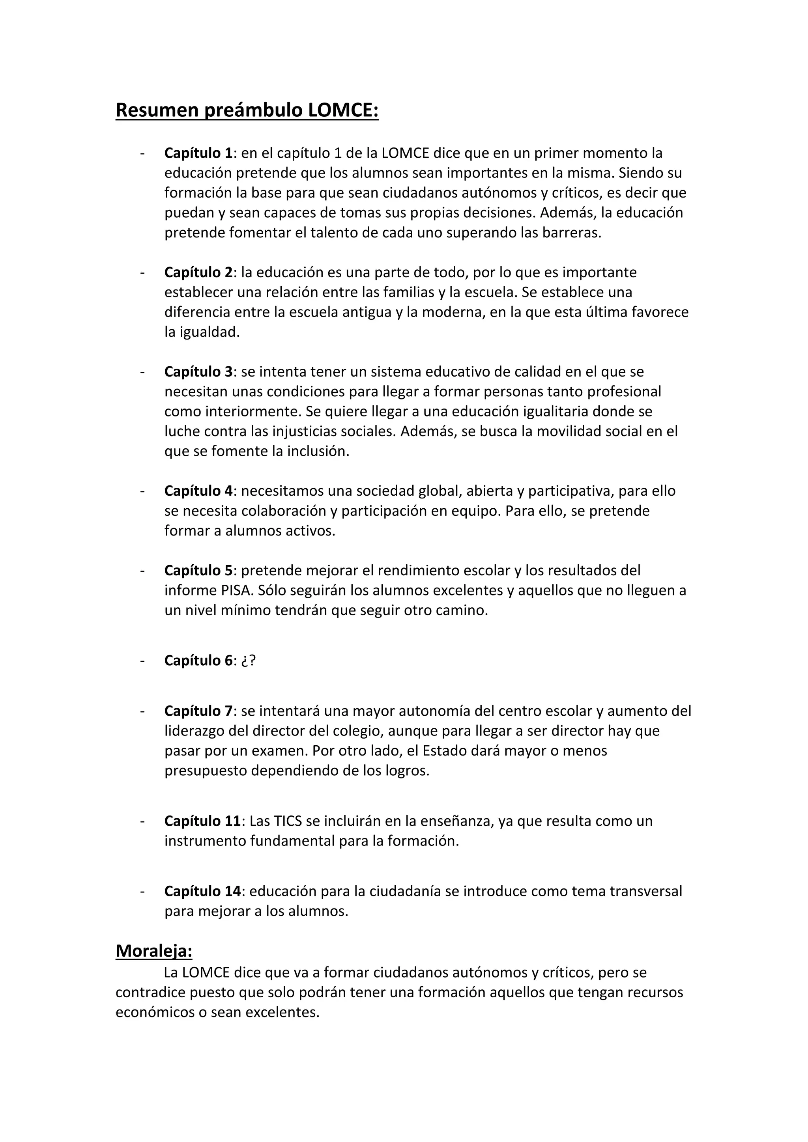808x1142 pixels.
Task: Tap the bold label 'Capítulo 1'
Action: point(198,153)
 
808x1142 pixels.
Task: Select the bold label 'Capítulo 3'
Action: point(198,371)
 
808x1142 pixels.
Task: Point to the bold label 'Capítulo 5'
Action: point(198,570)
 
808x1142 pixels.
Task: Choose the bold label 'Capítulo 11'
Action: point(202,821)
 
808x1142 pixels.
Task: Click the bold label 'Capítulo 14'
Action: point(202,891)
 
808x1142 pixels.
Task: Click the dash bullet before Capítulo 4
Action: point(143,491)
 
